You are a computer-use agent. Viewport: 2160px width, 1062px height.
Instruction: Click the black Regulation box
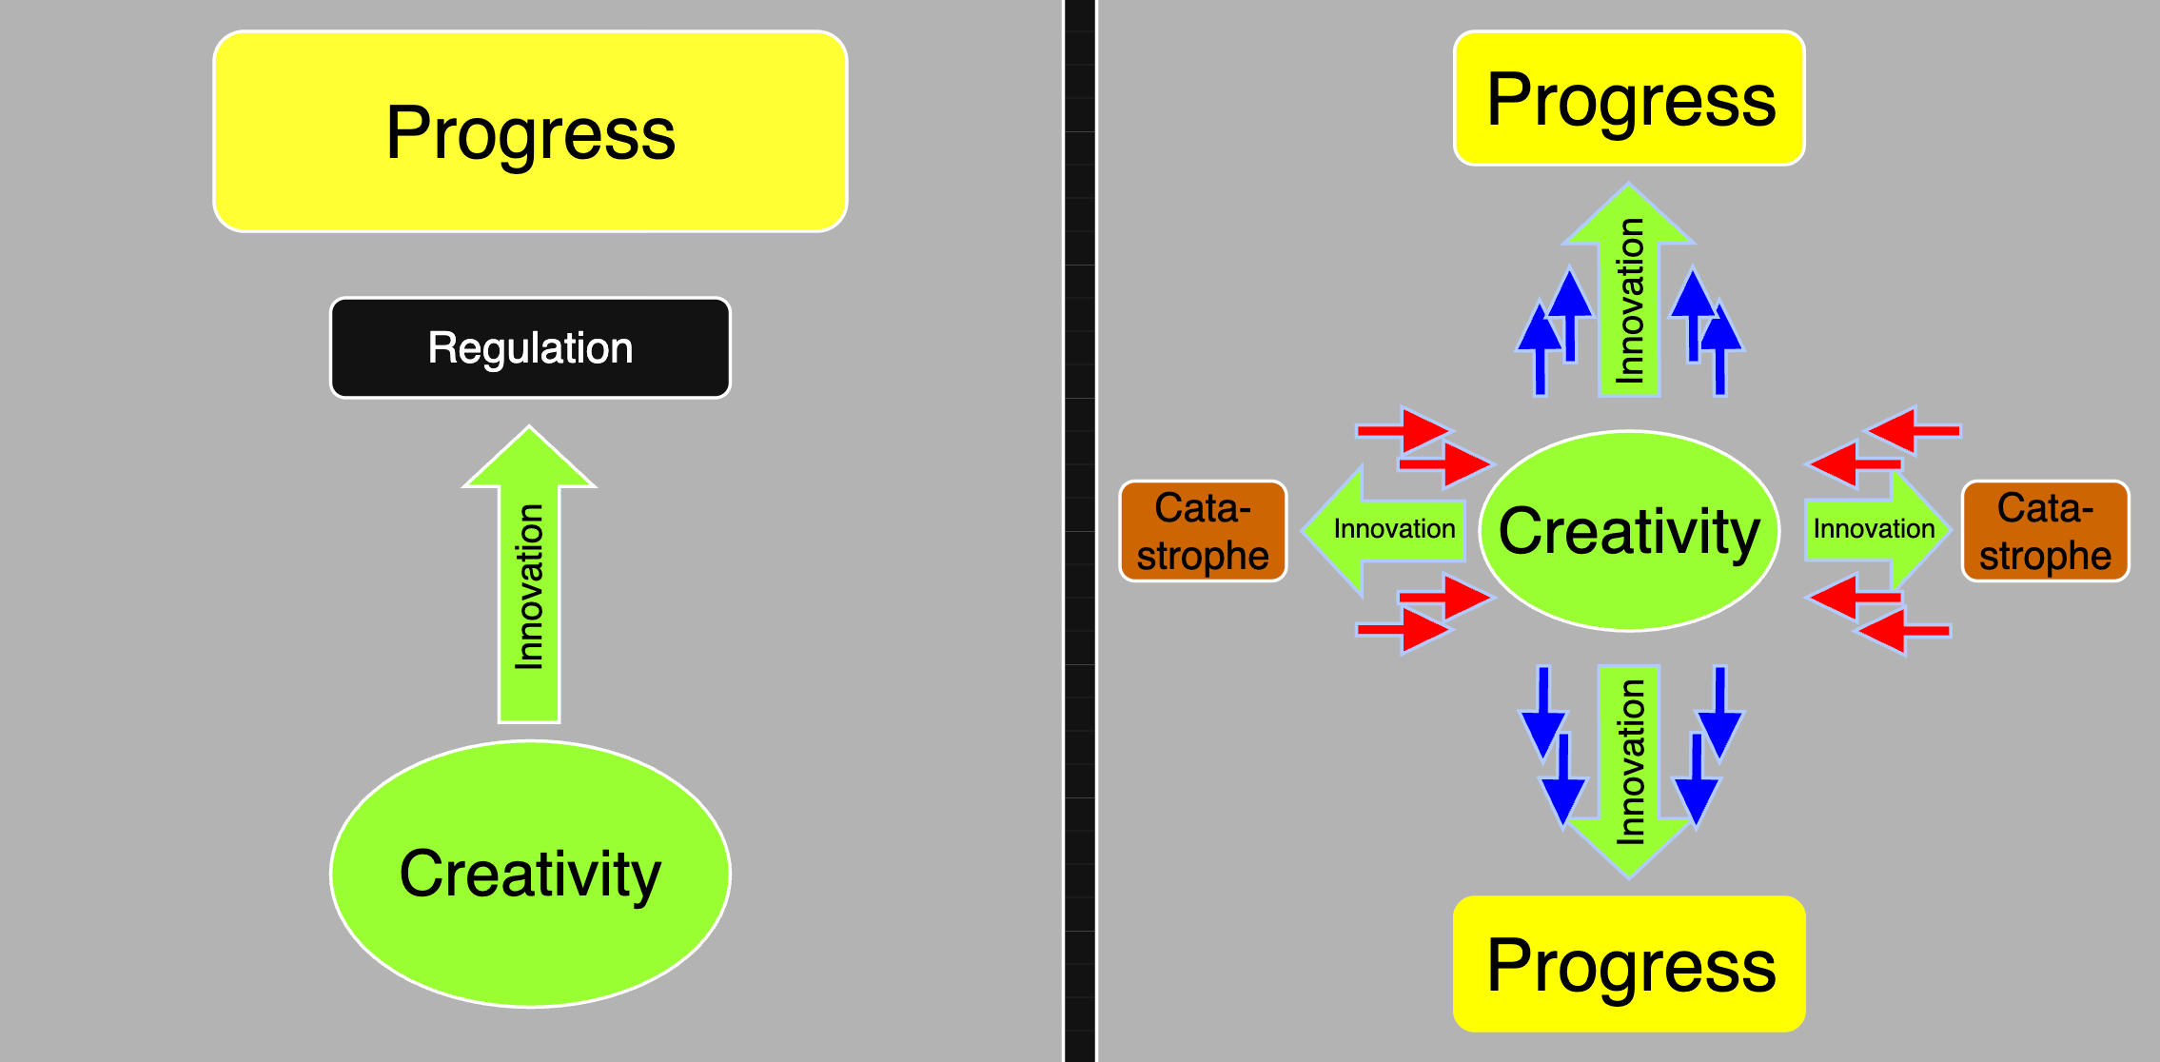(x=530, y=347)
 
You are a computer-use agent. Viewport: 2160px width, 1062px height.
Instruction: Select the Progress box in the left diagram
(x=530, y=131)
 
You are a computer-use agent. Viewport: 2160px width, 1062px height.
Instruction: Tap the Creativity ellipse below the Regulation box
(x=530, y=874)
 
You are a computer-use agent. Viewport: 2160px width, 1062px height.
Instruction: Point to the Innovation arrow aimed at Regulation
(x=529, y=580)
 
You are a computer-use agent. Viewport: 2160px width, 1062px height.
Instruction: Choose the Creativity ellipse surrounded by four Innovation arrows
(x=1629, y=531)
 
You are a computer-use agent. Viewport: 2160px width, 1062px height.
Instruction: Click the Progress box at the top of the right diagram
(x=1629, y=98)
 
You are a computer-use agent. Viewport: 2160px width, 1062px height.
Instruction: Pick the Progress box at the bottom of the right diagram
(x=1629, y=964)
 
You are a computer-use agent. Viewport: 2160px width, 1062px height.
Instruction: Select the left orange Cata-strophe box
(x=1203, y=531)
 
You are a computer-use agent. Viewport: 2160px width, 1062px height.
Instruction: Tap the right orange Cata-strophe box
(x=2045, y=531)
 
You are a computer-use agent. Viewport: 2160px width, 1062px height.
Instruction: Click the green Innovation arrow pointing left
(x=1384, y=529)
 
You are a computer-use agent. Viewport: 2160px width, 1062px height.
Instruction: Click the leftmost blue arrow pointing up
(x=1540, y=347)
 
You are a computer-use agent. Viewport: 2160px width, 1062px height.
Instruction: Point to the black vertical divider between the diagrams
(x=1080, y=531)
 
